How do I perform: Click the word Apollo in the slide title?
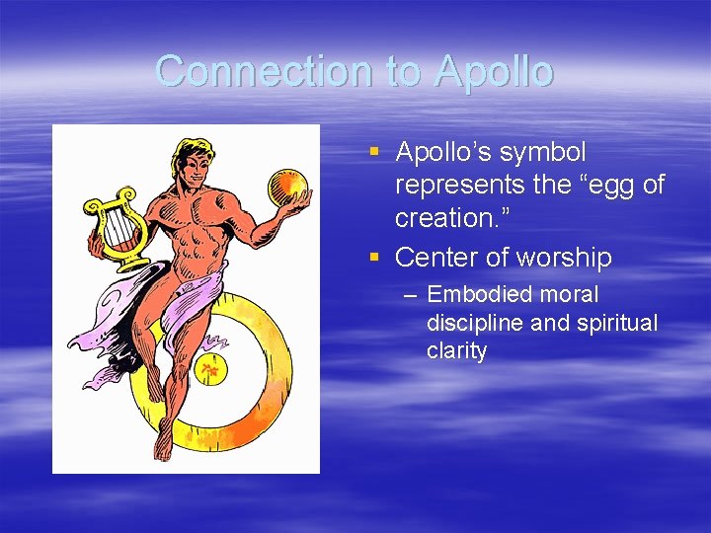pos(493,72)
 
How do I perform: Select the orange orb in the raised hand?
pos(288,188)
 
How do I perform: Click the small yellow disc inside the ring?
pos(209,370)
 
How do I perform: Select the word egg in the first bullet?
pos(606,185)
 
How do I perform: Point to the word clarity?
pos(456,351)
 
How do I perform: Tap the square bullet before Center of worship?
pos(373,258)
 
